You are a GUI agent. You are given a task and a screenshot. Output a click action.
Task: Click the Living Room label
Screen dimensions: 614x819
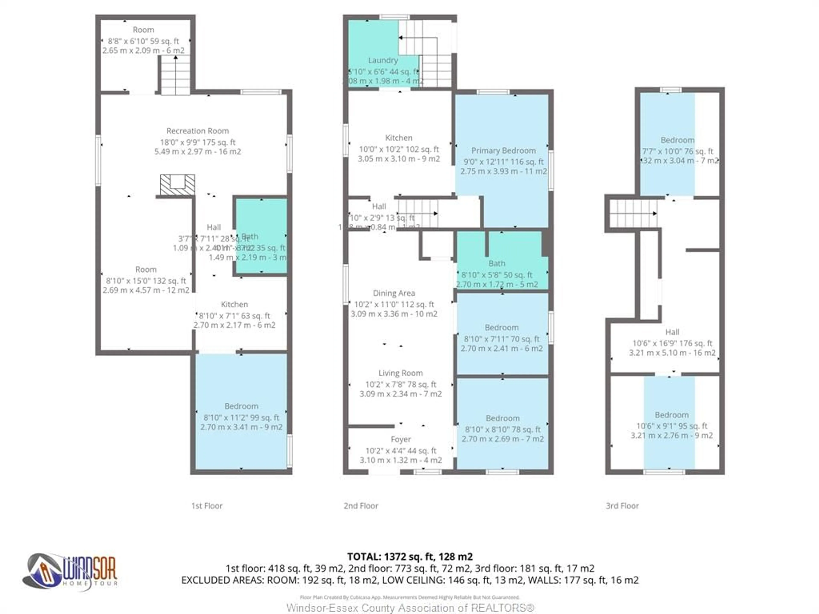400,373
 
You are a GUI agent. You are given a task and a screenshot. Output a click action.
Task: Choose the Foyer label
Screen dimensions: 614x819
401,439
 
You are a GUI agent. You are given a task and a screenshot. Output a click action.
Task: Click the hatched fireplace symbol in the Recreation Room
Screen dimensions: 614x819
177,185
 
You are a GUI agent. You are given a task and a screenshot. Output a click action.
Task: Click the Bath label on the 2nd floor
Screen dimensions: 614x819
497,264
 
